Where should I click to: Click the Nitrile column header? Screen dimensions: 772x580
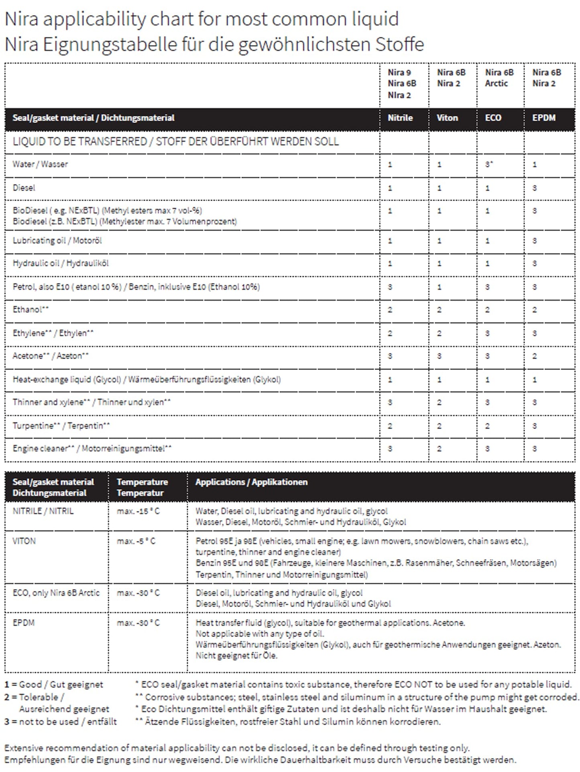pos(400,118)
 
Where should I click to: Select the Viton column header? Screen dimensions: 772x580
pos(447,118)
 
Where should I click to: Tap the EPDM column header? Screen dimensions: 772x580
pos(544,118)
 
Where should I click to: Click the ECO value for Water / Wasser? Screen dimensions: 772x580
pos(488,165)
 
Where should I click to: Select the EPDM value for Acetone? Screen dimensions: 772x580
pos(534,356)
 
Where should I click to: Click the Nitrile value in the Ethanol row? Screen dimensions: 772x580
pos(390,310)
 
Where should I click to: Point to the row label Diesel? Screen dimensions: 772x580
pos(24,188)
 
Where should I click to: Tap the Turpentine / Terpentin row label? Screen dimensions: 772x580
pos(61,426)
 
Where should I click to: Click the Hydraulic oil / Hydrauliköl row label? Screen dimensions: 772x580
pos(61,263)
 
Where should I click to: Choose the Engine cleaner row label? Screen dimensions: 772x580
pos(92,449)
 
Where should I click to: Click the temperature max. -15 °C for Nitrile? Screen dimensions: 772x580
pos(138,511)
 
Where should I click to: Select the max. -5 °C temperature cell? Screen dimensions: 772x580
pos(136,541)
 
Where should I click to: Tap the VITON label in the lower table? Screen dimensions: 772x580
pos(24,541)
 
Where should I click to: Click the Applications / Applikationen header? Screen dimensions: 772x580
pos(251,482)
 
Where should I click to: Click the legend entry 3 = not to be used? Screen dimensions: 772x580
pos(60,722)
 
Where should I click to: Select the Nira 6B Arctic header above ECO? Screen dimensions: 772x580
pos(499,78)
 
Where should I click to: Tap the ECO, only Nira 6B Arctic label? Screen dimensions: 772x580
pos(56,593)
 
